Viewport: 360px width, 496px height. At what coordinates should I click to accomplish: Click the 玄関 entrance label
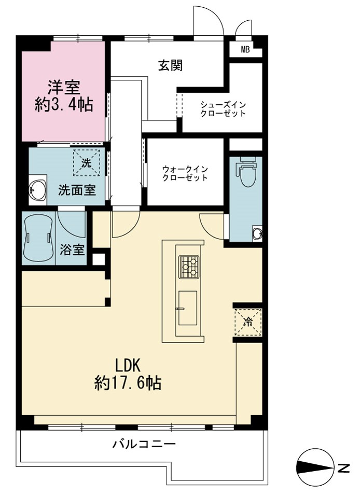pos(171,66)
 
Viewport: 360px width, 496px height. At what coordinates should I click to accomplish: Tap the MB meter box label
pos(245,50)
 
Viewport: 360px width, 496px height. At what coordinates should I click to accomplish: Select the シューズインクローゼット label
pos(223,109)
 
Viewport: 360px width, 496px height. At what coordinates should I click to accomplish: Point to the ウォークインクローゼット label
pos(185,173)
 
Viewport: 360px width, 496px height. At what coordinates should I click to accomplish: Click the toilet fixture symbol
pos(245,173)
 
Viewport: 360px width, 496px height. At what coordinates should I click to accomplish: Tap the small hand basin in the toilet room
pos(257,233)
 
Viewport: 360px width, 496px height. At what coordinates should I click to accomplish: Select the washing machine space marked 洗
pos(87,162)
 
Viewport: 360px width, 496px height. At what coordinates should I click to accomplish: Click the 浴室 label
pos(73,250)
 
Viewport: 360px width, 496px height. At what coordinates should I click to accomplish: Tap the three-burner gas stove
pos(189,267)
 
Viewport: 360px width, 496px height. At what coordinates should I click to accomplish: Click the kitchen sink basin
pos(188,308)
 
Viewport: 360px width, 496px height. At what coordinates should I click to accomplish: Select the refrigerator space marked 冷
pos(248,322)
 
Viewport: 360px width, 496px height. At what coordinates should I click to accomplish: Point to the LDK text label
pos(128,366)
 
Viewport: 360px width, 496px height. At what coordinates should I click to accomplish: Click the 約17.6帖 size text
pos(128,383)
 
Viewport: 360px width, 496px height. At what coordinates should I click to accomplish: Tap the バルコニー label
pos(144,444)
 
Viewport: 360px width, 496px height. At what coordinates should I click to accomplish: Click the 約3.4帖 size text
pos(64,104)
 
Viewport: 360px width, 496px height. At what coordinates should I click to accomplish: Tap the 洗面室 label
pos(77,190)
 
